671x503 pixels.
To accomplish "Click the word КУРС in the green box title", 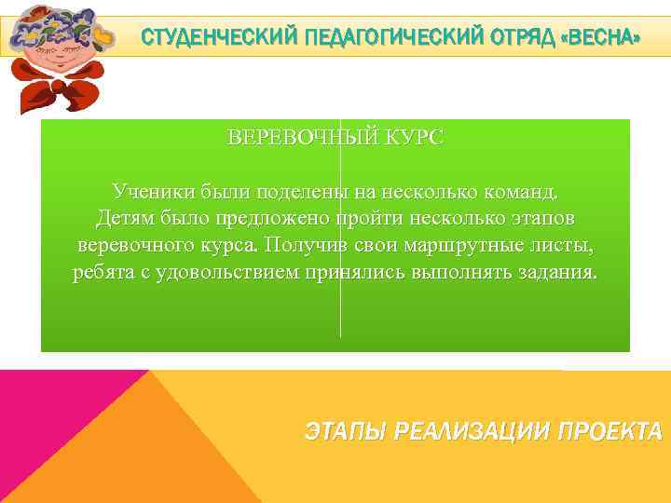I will [413, 138].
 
